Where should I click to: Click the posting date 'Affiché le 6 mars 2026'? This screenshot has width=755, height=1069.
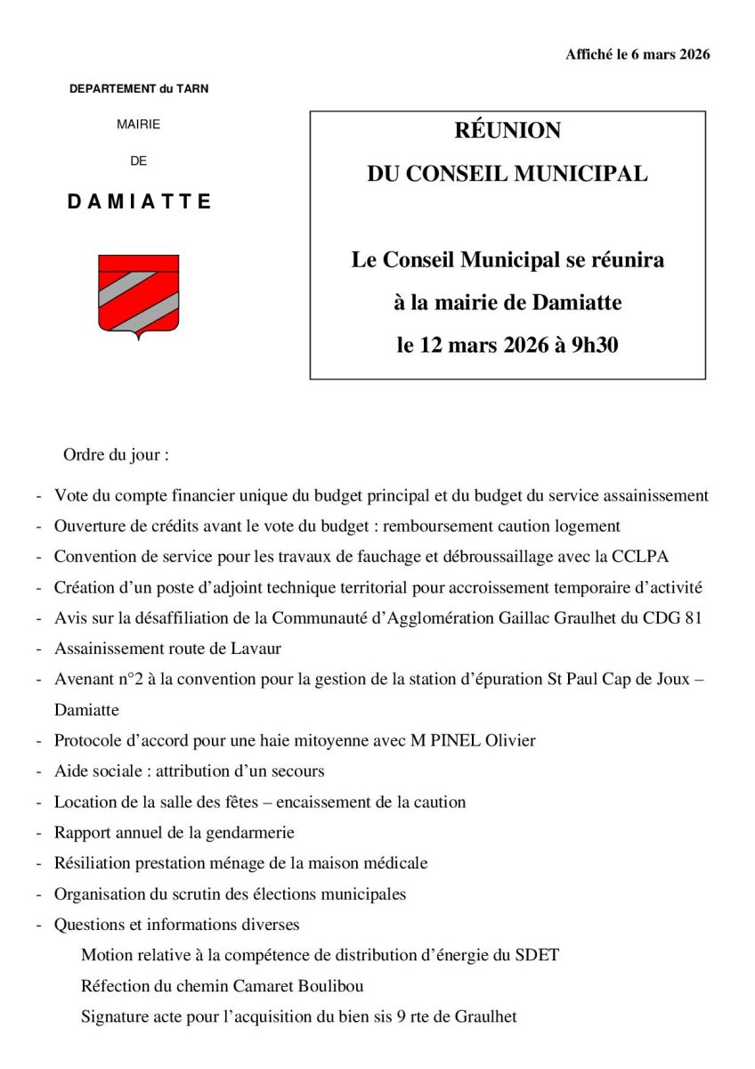[637, 55]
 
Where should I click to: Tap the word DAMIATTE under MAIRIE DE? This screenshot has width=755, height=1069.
[139, 202]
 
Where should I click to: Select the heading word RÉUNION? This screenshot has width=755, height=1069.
[507, 131]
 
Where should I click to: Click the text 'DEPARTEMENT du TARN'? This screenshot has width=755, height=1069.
[139, 89]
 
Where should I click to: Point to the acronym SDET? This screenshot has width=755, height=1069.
[537, 956]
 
